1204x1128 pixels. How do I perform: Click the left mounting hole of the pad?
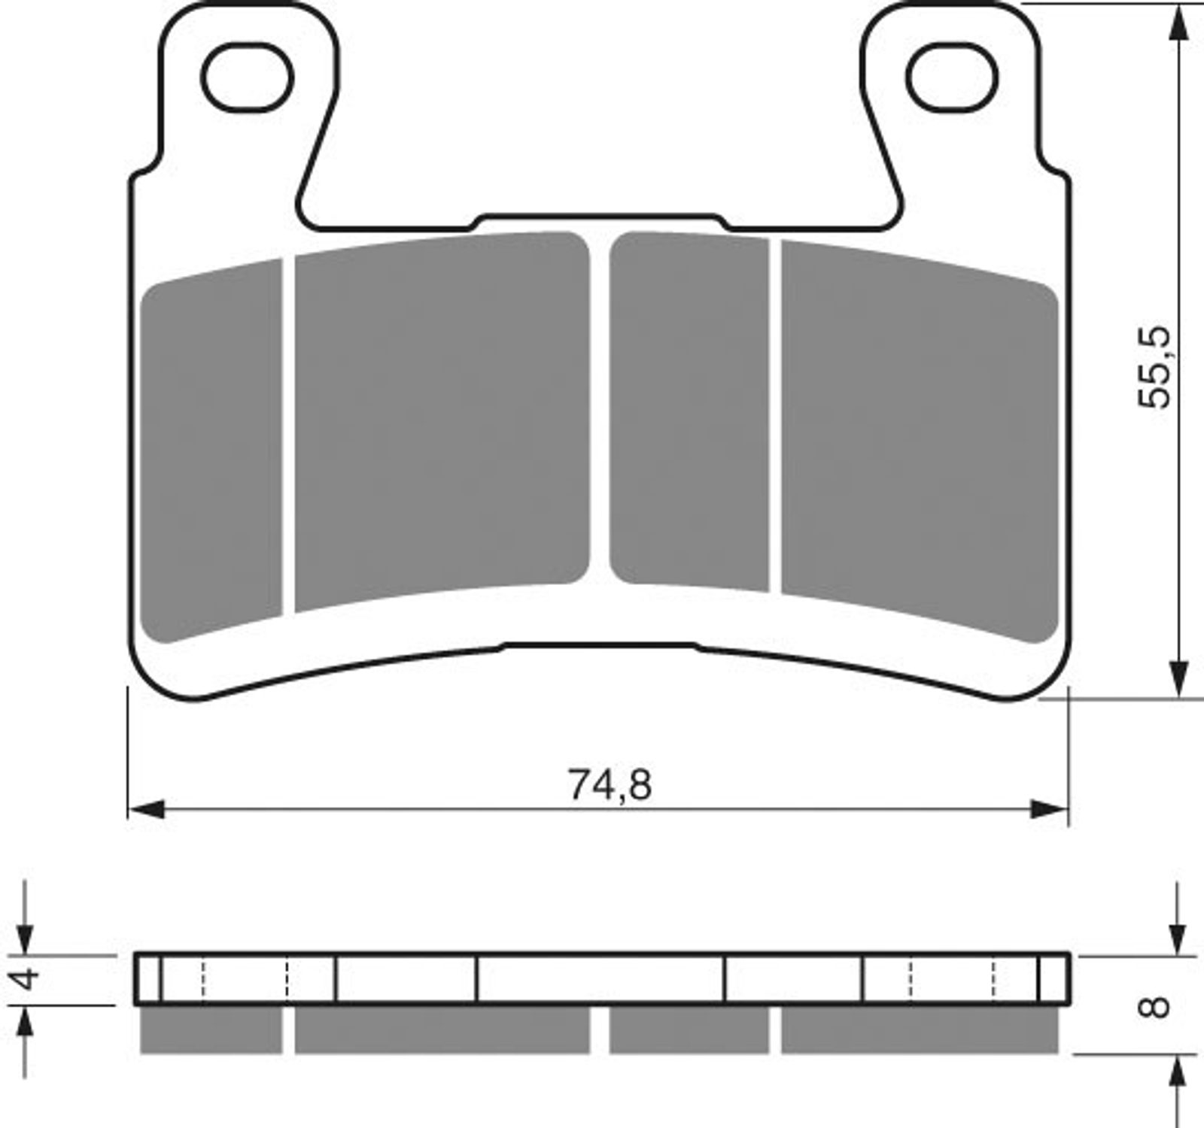point(246,77)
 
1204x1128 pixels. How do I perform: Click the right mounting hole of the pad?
point(952,77)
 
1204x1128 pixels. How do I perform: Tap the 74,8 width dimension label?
point(610,785)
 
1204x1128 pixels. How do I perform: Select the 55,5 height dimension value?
point(1154,367)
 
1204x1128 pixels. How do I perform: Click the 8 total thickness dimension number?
point(1156,1005)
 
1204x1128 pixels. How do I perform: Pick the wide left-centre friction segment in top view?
point(442,421)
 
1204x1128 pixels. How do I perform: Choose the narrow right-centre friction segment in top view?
point(689,412)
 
